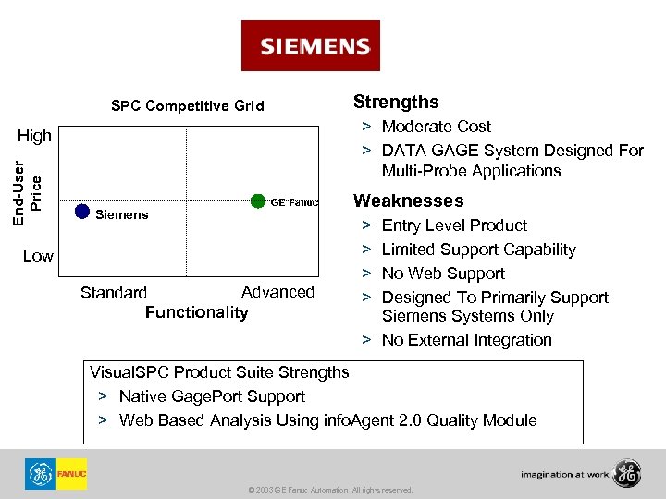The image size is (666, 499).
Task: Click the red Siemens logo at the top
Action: pos(310,46)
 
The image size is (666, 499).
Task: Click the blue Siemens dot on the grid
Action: pos(81,212)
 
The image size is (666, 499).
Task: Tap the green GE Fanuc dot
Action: pos(258,202)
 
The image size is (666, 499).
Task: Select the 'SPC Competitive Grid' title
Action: pos(187,106)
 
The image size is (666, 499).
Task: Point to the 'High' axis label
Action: pos(35,136)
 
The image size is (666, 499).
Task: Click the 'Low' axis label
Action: pos(38,255)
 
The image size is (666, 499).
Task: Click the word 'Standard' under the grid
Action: pos(113,293)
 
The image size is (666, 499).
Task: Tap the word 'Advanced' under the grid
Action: pos(277,292)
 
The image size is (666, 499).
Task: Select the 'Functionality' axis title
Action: pos(196,312)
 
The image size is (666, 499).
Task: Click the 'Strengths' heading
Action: pos(396,102)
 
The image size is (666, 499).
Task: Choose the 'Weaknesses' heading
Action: pos(408,201)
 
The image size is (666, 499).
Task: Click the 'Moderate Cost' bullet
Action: pos(436,127)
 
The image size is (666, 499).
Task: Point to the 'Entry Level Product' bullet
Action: pos(454,225)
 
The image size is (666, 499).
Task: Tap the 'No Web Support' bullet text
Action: pos(443,274)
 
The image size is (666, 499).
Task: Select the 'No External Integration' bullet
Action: pos(466,340)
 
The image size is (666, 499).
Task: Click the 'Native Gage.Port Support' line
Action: pos(212,396)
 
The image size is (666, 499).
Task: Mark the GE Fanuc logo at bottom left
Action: pos(55,474)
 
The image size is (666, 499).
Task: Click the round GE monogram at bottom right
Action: pos(625,473)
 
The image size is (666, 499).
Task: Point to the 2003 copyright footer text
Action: pos(331,490)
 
